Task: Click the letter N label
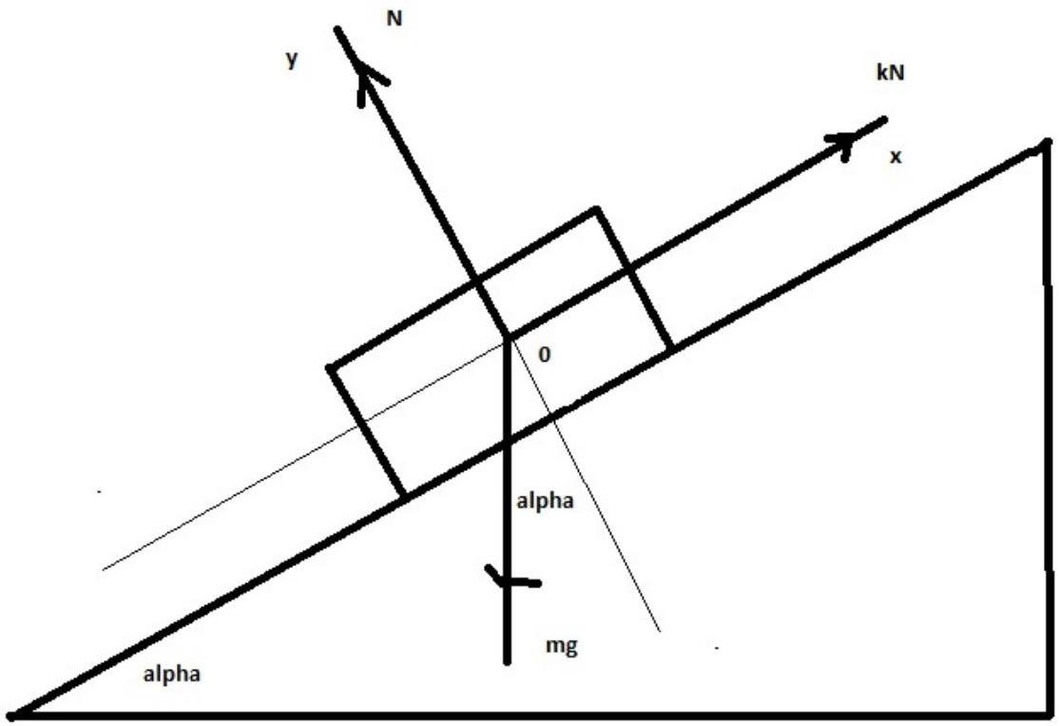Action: point(394,18)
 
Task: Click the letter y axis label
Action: point(292,60)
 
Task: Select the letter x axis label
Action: point(895,157)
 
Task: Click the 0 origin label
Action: point(545,355)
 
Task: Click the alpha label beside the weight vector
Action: point(546,501)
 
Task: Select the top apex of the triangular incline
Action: point(1045,146)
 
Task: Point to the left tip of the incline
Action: point(11,713)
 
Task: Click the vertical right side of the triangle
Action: point(1049,428)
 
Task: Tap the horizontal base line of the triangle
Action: point(532,715)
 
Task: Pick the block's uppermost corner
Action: point(596,209)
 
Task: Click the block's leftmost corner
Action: point(331,367)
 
